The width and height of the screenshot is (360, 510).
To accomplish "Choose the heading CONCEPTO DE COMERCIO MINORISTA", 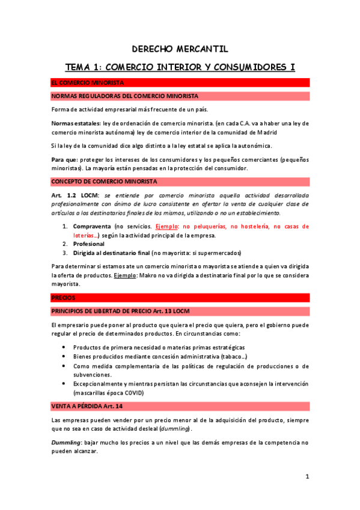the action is (x=104, y=181).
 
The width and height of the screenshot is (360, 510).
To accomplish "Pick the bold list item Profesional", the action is (x=89, y=244).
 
